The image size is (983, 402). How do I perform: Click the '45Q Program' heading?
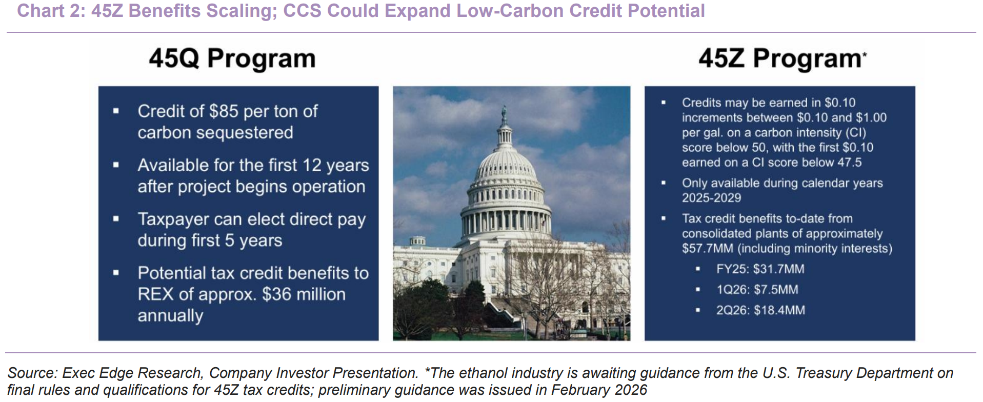pyautogui.click(x=232, y=58)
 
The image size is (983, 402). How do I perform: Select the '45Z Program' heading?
pyautogui.click(x=779, y=58)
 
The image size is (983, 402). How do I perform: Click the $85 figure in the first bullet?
pyautogui.click(x=224, y=111)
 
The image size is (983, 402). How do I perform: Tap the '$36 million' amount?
pyautogui.click(x=304, y=294)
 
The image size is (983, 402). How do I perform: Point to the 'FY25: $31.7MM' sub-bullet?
pyautogui.click(x=760, y=269)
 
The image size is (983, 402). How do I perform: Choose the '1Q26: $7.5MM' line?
pyautogui.click(x=757, y=289)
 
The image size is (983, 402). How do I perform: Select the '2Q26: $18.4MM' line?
pyautogui.click(x=760, y=310)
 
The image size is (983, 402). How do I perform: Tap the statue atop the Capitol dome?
pyautogui.click(x=504, y=114)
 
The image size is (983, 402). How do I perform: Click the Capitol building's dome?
pyautogui.click(x=505, y=164)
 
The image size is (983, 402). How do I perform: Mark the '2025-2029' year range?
pyautogui.click(x=711, y=198)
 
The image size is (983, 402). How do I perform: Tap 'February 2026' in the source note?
pyautogui.click(x=599, y=390)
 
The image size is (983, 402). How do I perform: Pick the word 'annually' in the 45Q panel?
pyautogui.click(x=170, y=316)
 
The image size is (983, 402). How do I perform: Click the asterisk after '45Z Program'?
pyautogui.click(x=865, y=53)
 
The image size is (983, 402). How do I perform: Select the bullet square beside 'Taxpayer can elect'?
pyautogui.click(x=116, y=219)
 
